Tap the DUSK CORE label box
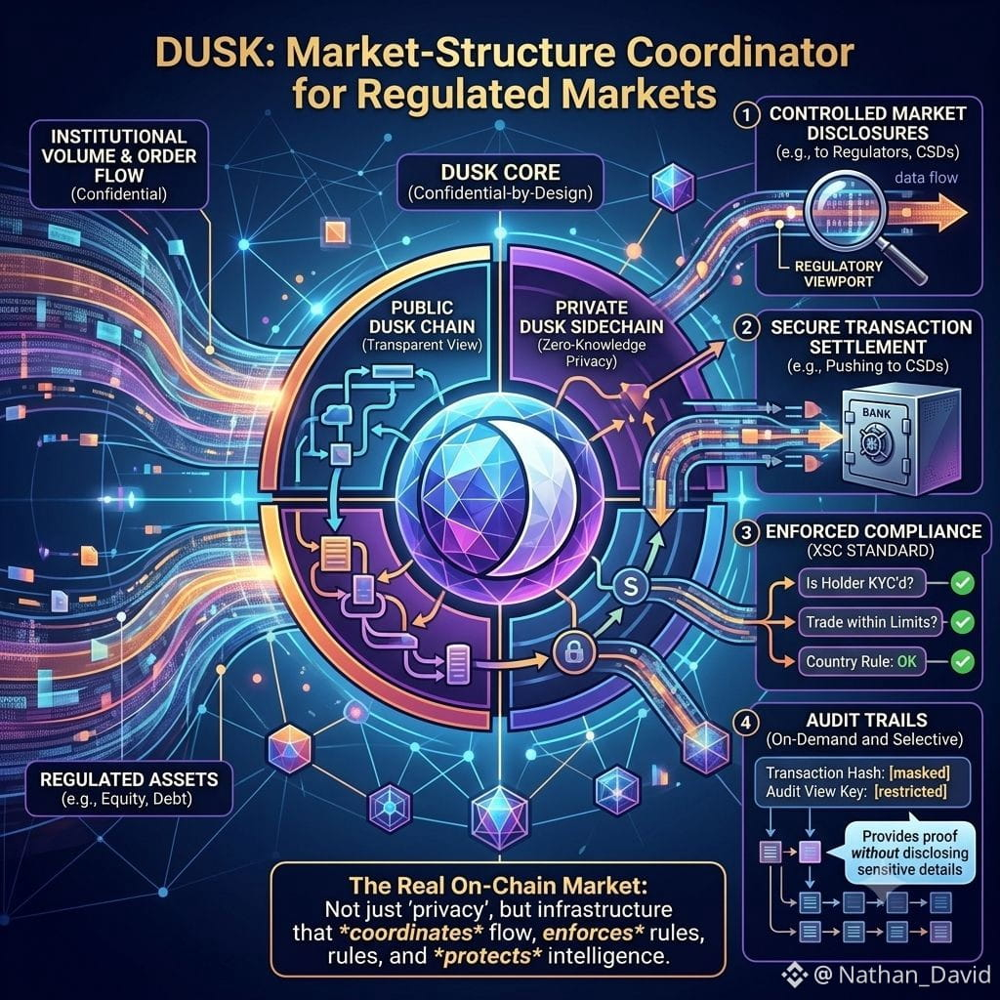500,183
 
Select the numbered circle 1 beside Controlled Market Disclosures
746,115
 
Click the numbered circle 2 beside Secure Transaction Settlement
746,328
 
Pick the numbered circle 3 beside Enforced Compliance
746,532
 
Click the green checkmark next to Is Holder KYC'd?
962,582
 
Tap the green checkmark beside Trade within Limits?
962,622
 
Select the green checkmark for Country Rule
962,661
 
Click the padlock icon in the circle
574,651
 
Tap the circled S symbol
630,586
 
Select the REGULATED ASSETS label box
129,788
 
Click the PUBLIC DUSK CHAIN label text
422,317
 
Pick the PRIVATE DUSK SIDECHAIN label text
591,317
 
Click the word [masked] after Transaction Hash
919,773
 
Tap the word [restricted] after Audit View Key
910,792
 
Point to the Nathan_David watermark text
914,975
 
